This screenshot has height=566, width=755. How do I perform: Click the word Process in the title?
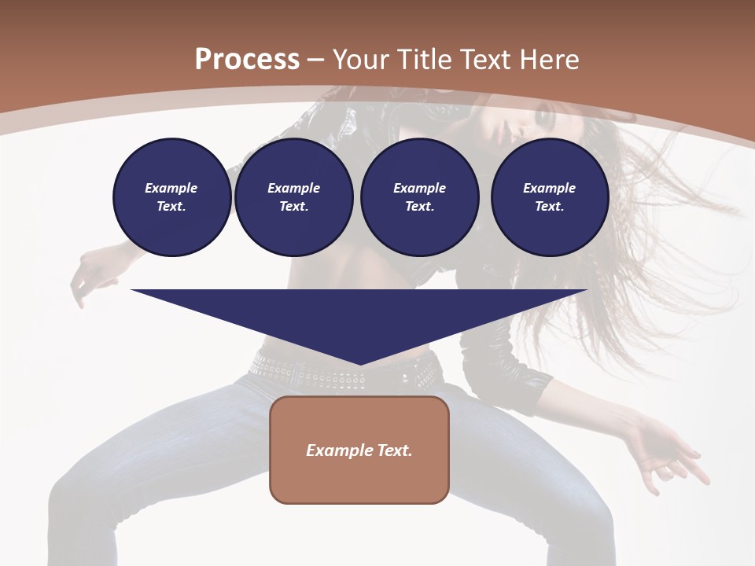(x=247, y=60)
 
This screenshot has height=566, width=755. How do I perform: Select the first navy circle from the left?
(x=171, y=197)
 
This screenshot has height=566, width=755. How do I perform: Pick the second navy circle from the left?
(x=294, y=197)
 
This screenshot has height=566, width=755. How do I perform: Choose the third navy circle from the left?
(x=420, y=197)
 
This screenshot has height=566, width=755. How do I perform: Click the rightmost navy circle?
(x=550, y=197)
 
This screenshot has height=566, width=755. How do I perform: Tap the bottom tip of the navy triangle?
(x=359, y=364)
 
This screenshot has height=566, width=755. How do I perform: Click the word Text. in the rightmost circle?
(x=550, y=207)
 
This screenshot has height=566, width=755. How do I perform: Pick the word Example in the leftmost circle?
(x=171, y=188)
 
